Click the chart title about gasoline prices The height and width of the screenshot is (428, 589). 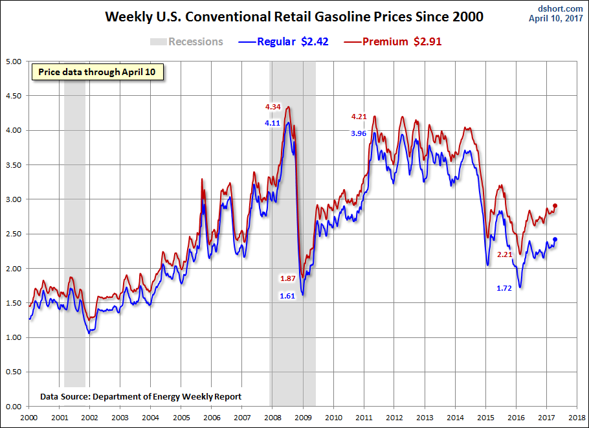tap(294, 17)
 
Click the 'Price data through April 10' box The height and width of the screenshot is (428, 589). tap(97, 72)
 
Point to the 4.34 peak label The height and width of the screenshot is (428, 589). tap(272, 107)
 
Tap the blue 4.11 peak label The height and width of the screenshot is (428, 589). tap(272, 122)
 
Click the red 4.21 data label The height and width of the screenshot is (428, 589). tap(359, 117)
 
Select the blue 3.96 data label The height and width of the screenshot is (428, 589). tap(359, 133)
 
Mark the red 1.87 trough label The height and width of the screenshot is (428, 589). tap(287, 278)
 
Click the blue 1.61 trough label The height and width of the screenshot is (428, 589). tap(287, 296)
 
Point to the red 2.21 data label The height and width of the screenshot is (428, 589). tap(505, 254)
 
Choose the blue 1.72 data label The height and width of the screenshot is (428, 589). tap(505, 288)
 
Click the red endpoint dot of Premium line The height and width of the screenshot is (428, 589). tap(555, 206)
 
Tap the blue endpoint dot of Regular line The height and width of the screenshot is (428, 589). tap(555, 240)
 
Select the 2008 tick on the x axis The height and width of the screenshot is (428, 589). tap(272, 418)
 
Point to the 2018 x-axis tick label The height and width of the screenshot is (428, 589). tap(578, 418)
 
